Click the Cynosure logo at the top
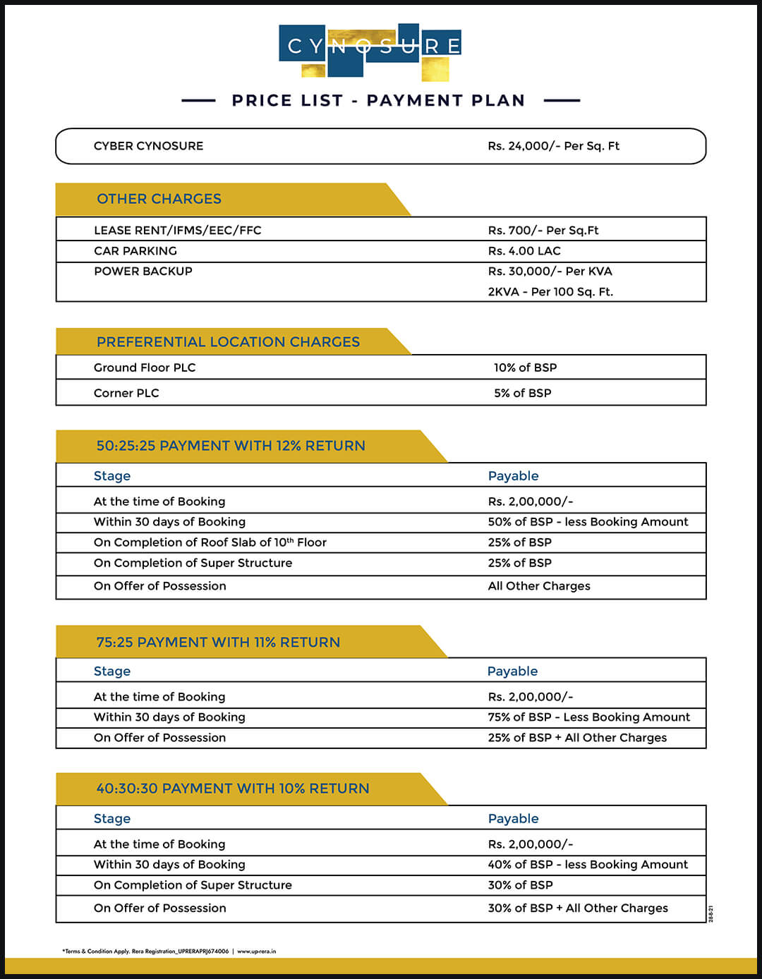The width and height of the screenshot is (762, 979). (370, 50)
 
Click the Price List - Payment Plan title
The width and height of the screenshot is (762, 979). (378, 101)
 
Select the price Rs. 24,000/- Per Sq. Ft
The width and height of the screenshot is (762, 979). (553, 146)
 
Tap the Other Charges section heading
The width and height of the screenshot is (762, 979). (159, 199)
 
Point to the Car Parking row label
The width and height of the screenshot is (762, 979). (135, 251)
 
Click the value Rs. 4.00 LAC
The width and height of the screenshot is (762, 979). (524, 251)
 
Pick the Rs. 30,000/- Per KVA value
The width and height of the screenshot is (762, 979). (550, 272)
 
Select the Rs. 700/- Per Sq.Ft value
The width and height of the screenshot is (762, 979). (543, 231)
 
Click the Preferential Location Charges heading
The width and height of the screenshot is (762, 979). (228, 342)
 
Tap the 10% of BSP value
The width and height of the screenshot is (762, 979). (525, 367)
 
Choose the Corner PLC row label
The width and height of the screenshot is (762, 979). (126, 393)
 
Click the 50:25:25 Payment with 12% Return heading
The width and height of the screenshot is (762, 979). (231, 446)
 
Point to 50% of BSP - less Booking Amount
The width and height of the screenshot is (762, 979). (588, 522)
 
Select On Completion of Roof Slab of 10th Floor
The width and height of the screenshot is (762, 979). (210, 542)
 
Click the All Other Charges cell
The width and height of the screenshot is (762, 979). (539, 586)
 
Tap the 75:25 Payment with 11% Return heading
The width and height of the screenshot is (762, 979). (218, 643)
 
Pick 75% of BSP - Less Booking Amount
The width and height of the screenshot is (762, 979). (588, 717)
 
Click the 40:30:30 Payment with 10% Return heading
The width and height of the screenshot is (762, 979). (233, 789)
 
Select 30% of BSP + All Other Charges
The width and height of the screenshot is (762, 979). (577, 908)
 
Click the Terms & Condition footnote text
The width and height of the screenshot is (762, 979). (169, 951)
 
